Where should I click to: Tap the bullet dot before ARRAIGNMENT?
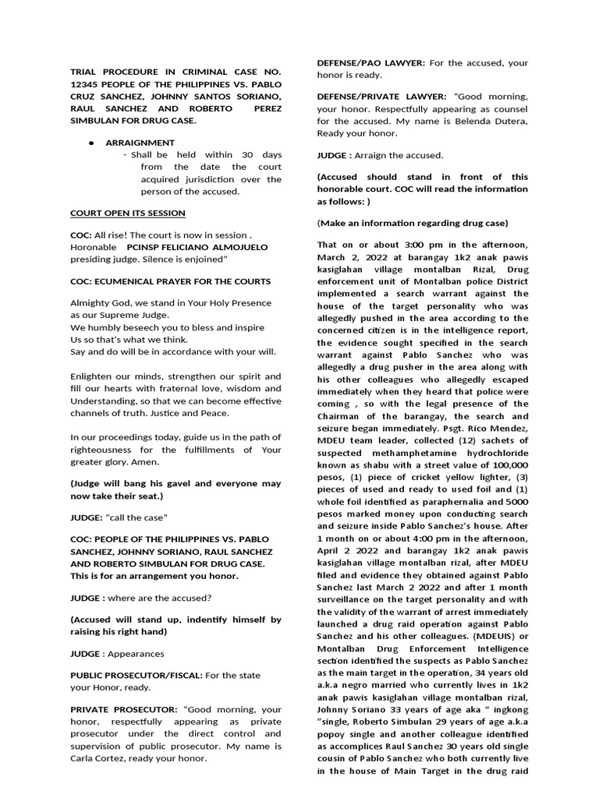(x=92, y=143)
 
